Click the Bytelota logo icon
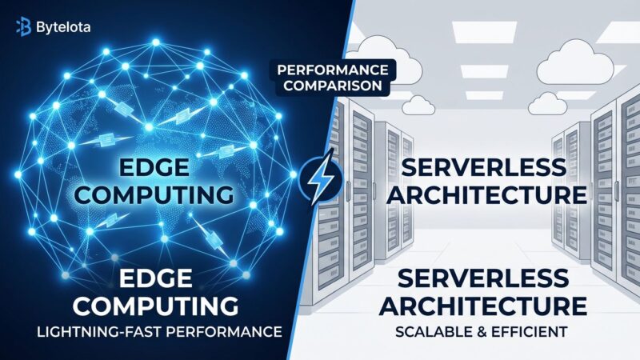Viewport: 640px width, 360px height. (x=23, y=27)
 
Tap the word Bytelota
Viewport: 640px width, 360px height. (x=63, y=27)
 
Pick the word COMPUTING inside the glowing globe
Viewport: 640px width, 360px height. (x=166, y=194)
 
